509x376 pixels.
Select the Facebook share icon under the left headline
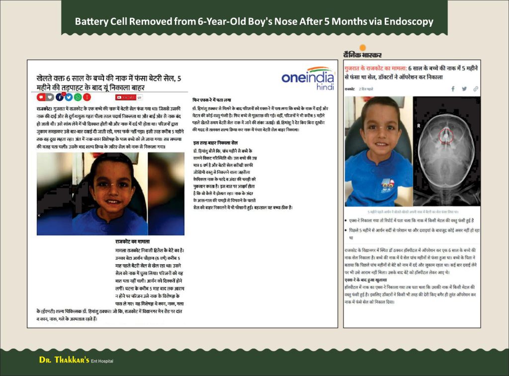(60, 97)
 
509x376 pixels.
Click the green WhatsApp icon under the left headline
(78, 97)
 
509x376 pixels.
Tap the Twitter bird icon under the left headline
(69, 97)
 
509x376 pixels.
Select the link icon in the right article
(476, 89)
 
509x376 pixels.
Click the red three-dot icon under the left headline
(87, 97)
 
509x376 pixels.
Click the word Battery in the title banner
(90, 22)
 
